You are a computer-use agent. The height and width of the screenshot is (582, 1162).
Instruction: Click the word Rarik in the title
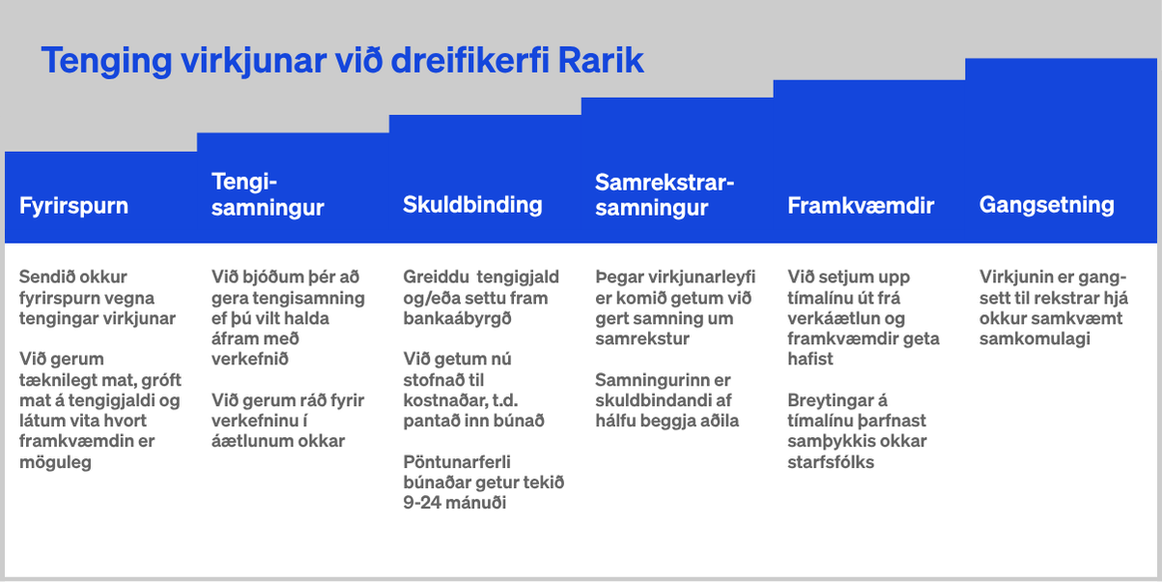(600, 61)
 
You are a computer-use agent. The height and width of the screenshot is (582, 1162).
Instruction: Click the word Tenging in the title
(106, 62)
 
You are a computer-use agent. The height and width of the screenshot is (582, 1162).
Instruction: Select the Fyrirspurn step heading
(73, 206)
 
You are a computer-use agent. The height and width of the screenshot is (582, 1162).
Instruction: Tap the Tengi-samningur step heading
(268, 194)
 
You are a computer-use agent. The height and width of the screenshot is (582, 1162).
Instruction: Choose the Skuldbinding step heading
(472, 205)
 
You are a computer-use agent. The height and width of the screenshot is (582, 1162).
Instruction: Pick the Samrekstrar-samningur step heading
(665, 194)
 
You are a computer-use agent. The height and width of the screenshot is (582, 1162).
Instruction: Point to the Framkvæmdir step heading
(861, 206)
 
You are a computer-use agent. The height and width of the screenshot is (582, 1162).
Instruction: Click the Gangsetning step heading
(1046, 205)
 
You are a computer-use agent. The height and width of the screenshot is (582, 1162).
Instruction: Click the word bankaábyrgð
(457, 318)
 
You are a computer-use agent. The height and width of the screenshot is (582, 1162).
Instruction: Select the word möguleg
(55, 462)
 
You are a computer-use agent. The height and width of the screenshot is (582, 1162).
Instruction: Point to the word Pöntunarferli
(457, 461)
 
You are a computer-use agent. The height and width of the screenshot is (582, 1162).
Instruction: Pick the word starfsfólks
(831, 461)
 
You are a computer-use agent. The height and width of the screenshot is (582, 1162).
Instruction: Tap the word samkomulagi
(1034, 339)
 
